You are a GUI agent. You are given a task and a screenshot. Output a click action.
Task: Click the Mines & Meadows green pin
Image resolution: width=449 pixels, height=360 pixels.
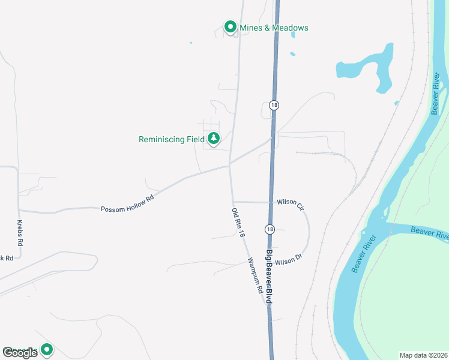(x=230, y=27)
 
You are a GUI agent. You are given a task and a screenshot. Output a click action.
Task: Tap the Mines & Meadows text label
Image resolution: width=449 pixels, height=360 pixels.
(x=274, y=28)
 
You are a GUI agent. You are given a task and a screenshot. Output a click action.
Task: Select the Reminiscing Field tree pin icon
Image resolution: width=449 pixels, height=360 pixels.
(x=214, y=139)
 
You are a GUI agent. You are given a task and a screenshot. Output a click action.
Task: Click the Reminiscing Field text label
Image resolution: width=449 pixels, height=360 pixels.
(x=172, y=139)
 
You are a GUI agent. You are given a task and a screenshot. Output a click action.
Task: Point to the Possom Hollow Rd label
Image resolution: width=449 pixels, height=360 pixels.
(x=127, y=208)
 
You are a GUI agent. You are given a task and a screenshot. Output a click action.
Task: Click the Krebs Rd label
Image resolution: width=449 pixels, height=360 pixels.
(x=19, y=233)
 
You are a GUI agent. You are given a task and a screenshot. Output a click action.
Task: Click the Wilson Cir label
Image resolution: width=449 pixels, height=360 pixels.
(x=291, y=204)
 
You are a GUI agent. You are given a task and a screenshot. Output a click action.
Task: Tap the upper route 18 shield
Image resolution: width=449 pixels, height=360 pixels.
(x=274, y=104)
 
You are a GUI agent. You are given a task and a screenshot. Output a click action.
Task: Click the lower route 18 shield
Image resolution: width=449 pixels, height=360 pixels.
(x=270, y=229)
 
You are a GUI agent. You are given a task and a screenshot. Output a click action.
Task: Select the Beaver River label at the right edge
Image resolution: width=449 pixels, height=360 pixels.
(x=430, y=233)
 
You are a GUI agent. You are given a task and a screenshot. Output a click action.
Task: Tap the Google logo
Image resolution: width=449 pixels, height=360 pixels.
(x=20, y=353)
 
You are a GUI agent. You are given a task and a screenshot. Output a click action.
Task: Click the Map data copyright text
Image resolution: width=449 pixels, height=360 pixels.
(x=423, y=355)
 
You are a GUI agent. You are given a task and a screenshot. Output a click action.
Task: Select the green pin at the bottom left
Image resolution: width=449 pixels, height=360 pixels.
(x=46, y=349)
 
